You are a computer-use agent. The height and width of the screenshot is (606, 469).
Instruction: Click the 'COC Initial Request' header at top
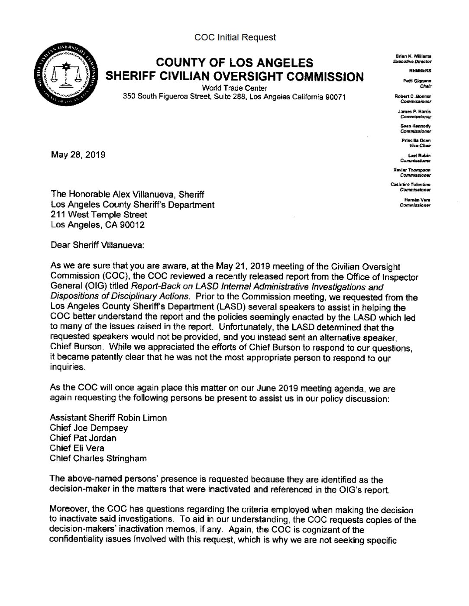pyautogui.click(x=235, y=37)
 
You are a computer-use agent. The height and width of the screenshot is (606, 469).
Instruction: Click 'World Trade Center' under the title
pyautogui.click(x=235, y=88)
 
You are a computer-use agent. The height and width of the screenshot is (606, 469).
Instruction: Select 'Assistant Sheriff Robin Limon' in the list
pyautogui.click(x=108, y=418)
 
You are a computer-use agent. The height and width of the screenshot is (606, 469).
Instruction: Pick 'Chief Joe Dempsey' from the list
pyautogui.click(x=89, y=428)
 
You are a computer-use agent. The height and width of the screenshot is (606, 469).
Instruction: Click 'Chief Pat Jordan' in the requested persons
pyautogui.click(x=83, y=438)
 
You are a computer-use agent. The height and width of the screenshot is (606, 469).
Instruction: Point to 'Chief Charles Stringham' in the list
pyautogui.click(x=98, y=458)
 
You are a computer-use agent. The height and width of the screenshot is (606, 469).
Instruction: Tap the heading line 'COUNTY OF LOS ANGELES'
pyautogui.click(x=235, y=63)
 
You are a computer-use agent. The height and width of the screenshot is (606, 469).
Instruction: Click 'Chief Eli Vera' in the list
pyautogui.click(x=77, y=448)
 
